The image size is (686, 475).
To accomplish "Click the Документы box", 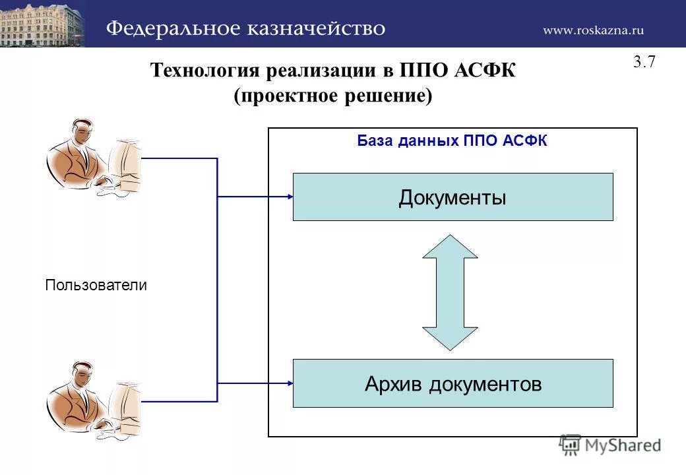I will pos(452,197).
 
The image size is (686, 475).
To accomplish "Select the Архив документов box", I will pos(452,383).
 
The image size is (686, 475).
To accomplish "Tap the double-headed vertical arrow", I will pos(450,292).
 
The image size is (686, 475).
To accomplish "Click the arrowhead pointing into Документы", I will pos(288,197).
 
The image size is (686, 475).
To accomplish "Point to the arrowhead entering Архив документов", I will pos(288,383).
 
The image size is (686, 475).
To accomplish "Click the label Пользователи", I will pos(96,285).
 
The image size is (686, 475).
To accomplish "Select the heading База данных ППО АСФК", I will pos(452,141).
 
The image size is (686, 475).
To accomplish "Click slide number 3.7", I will pos(644,63).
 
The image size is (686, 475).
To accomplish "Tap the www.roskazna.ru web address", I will pos(593,30).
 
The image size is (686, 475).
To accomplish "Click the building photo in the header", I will pos(42,23).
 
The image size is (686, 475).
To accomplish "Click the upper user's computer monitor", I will pos(127,162).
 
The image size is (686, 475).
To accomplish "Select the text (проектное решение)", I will pos(333,96).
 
